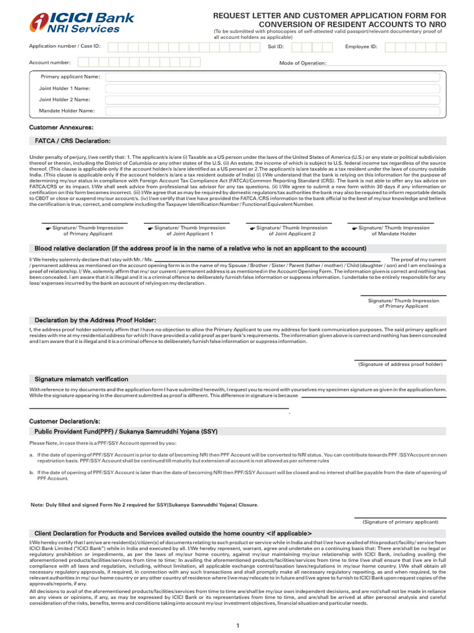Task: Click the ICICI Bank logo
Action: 83,23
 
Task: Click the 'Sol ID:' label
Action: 276,46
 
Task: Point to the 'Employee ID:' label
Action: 360,46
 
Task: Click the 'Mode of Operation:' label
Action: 303,63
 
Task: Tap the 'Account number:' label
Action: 50,62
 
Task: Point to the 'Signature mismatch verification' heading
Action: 81,378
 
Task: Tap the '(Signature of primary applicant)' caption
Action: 401,521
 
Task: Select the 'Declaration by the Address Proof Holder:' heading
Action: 95,320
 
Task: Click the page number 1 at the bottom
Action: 237,626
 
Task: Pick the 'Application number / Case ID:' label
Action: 65,46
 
